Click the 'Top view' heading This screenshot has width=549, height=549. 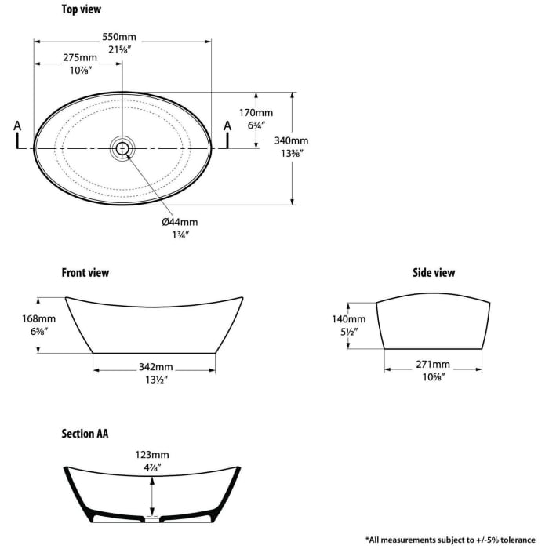[82, 9]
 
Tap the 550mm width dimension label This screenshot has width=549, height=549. [119, 37]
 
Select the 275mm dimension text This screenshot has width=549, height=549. [80, 57]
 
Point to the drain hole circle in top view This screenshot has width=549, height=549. [122, 148]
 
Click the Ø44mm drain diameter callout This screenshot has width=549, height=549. [180, 222]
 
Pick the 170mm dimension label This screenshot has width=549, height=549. [256, 113]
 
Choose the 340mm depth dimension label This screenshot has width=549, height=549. [291, 140]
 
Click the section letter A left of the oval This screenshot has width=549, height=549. [17, 125]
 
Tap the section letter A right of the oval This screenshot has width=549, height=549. [227, 125]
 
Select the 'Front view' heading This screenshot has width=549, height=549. [85, 273]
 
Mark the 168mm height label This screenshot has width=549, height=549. [38, 318]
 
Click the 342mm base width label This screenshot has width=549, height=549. [156, 367]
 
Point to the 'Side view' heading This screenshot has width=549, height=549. [434, 273]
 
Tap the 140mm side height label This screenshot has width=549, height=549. [349, 319]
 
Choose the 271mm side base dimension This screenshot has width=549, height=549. [433, 365]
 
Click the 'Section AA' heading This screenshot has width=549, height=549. [85, 434]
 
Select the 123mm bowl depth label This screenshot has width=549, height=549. [152, 455]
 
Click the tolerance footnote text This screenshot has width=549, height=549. [450, 540]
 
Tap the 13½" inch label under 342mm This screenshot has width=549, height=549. [157, 380]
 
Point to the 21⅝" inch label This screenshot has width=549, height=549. [119, 49]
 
